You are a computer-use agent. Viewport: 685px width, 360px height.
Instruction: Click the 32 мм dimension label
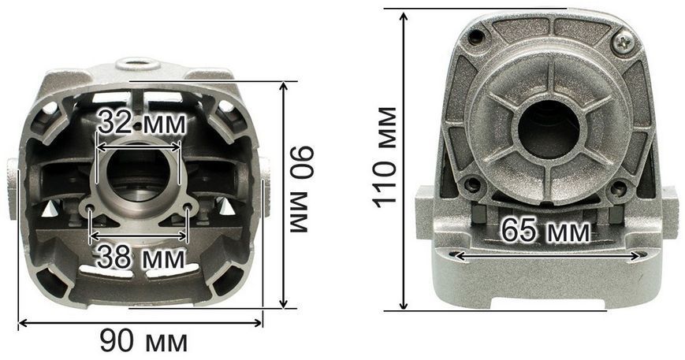[141, 123]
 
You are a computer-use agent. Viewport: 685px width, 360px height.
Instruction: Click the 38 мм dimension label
[140, 257]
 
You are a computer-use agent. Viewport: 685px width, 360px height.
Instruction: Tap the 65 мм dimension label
[545, 230]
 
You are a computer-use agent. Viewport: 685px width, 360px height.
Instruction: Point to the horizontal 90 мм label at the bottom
[143, 341]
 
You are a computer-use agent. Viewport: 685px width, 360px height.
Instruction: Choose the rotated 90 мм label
[301, 189]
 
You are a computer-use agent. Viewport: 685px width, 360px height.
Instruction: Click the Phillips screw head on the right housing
[624, 42]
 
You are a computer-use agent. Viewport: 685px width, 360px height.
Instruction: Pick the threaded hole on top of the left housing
[137, 64]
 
